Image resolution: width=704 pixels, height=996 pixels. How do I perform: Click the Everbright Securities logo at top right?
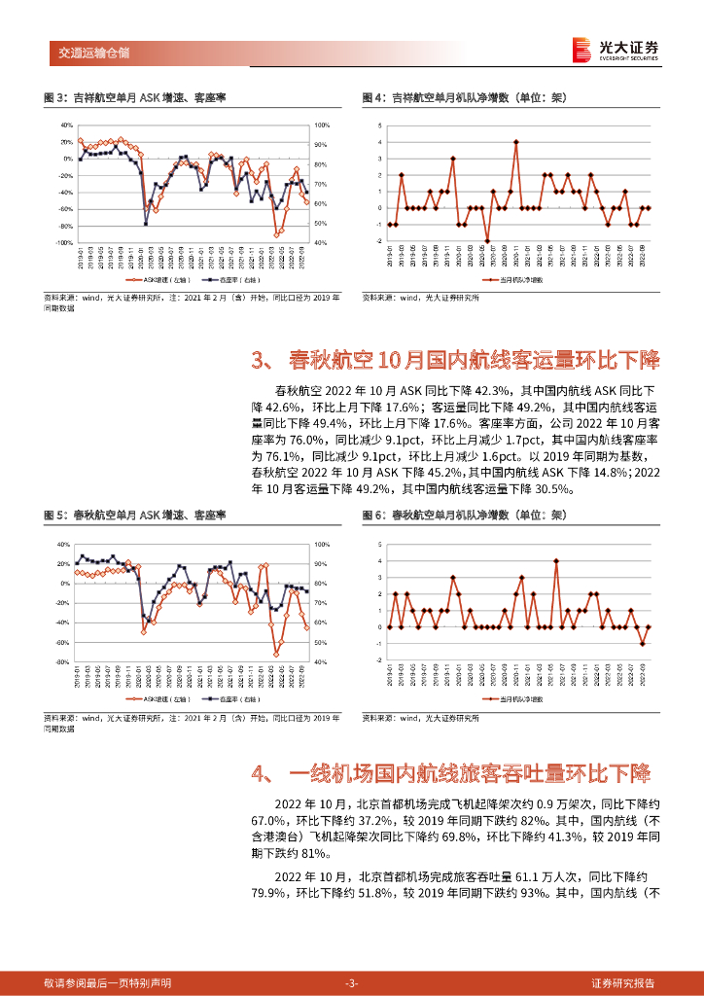click(616, 50)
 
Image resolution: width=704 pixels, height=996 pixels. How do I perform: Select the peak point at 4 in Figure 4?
click(516, 142)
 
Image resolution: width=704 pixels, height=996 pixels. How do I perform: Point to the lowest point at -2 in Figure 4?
click(487, 240)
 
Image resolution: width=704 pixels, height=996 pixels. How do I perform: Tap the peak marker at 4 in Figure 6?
click(555, 560)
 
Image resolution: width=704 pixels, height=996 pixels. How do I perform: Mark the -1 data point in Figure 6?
click(642, 644)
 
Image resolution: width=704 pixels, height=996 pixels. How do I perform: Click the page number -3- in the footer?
click(352, 982)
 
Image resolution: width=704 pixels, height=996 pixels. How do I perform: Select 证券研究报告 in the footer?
click(629, 982)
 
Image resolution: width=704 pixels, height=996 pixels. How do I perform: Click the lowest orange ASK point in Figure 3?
click(277, 235)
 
